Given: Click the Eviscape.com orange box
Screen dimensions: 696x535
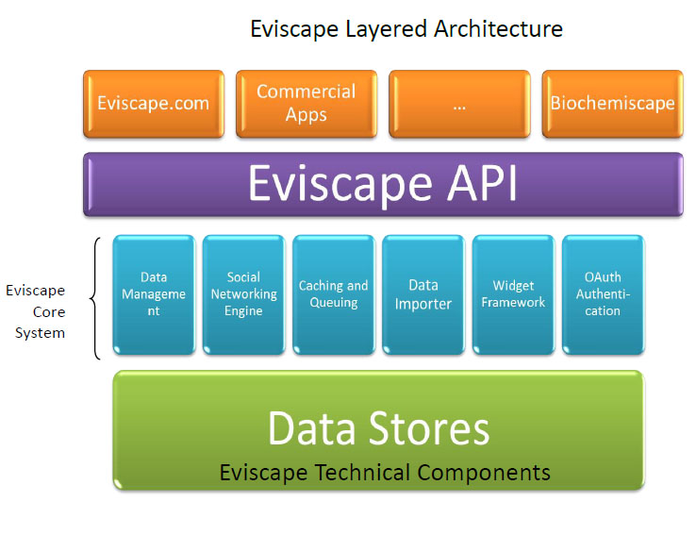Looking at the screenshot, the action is (x=154, y=104).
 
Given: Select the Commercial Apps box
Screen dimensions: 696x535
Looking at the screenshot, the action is (x=307, y=104).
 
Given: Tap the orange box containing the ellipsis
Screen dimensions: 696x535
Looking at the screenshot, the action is (x=459, y=104).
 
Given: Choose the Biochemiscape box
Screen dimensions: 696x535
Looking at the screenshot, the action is (x=613, y=104).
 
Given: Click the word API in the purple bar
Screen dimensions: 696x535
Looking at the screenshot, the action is (x=482, y=183).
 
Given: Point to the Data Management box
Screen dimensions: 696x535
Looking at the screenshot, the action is (x=154, y=294).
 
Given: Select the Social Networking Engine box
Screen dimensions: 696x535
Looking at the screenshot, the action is (x=243, y=294).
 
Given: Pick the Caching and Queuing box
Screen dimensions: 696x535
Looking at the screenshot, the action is (x=334, y=294).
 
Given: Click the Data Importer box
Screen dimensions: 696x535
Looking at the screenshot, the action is (x=423, y=294).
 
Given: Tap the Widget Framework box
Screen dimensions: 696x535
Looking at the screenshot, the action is (x=514, y=294).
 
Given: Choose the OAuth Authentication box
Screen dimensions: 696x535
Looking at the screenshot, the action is (x=604, y=294).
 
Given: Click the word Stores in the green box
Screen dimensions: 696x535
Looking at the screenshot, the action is (x=429, y=428).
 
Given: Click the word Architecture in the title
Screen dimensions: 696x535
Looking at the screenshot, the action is (x=498, y=29).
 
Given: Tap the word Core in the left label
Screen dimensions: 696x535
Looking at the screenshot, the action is (x=49, y=311).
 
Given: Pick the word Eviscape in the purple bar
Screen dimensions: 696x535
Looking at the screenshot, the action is (x=340, y=184).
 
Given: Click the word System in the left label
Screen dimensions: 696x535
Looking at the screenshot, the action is (x=40, y=333).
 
